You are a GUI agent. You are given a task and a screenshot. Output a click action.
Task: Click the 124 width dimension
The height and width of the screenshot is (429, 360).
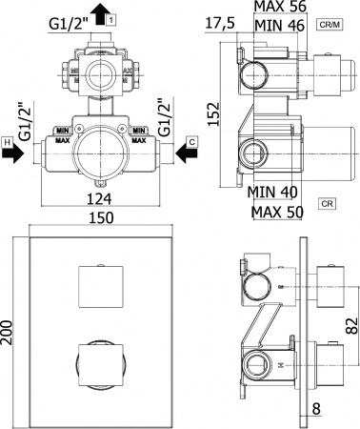(x=98, y=198)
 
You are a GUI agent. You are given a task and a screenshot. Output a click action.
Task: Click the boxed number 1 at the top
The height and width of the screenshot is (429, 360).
(x=112, y=19)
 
